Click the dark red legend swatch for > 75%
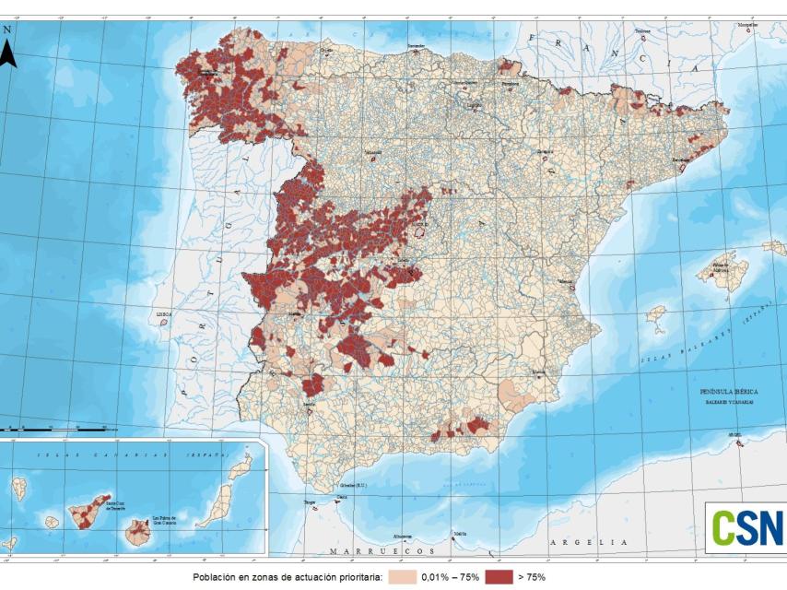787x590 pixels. (498, 577)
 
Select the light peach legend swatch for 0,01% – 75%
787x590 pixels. (401, 577)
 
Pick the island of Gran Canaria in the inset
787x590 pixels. (139, 530)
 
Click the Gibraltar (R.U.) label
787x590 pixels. (354, 484)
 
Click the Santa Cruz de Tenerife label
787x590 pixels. (114, 506)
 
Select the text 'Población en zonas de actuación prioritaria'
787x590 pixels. (287, 577)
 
